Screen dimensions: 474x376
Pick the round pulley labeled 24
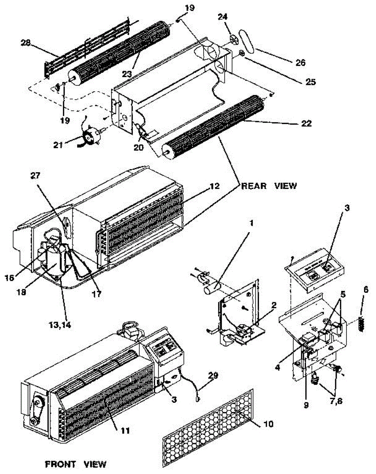(234, 40)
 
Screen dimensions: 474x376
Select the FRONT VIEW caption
(76, 464)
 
